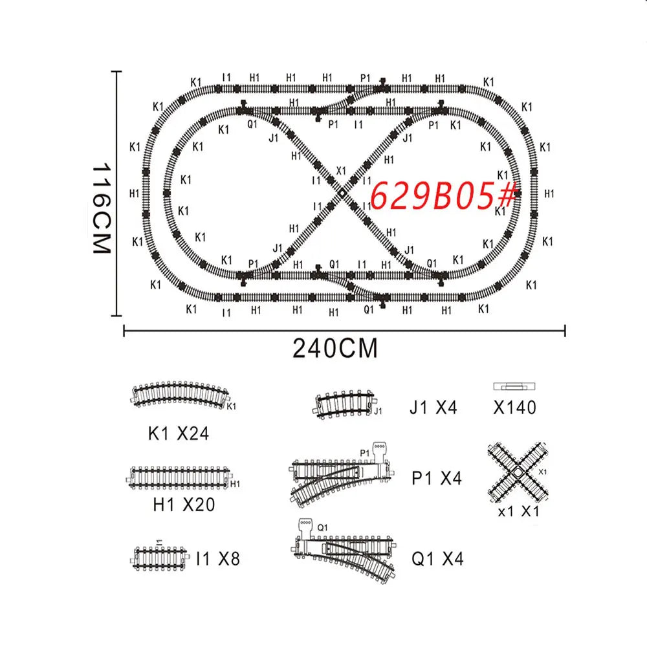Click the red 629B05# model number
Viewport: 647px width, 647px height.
[x=444, y=195]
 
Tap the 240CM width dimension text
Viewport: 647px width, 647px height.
[x=335, y=349]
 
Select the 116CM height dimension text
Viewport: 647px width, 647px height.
[x=102, y=208]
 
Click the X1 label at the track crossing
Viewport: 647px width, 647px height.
[x=341, y=170]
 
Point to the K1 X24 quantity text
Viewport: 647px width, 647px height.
[x=179, y=433]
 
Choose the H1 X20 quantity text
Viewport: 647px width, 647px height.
[x=184, y=505]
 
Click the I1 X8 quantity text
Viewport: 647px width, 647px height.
[x=218, y=559]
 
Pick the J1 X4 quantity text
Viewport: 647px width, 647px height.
[x=433, y=408]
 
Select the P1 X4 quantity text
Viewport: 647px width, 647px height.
[x=437, y=479]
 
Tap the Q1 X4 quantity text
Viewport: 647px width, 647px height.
[x=437, y=559]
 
